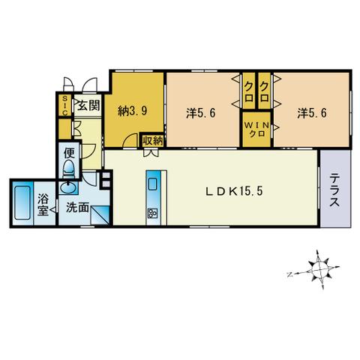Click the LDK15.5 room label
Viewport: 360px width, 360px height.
point(234,192)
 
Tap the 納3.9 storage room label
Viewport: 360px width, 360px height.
point(132,110)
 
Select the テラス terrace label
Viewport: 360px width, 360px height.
point(334,190)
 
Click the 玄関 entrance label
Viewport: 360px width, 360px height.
point(88,105)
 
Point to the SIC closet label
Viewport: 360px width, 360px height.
point(65,105)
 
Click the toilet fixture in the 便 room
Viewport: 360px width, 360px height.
point(69,169)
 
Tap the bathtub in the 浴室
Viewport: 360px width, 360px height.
point(22,203)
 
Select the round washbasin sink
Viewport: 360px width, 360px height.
point(68,187)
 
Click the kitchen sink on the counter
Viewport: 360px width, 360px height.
point(152,184)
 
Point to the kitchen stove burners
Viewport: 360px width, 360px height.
point(152,213)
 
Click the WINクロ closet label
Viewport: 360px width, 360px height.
point(257,129)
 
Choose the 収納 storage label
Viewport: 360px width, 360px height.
point(153,141)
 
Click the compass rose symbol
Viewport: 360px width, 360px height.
point(319,270)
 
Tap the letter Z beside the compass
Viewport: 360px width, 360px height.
point(289,274)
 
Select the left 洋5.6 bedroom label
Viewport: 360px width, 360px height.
point(200,113)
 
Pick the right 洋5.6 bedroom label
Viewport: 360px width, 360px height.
point(312,113)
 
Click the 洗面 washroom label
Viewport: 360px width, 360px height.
point(77,208)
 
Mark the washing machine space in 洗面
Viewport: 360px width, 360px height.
point(100,214)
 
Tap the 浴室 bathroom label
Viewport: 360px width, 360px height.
point(43,205)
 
